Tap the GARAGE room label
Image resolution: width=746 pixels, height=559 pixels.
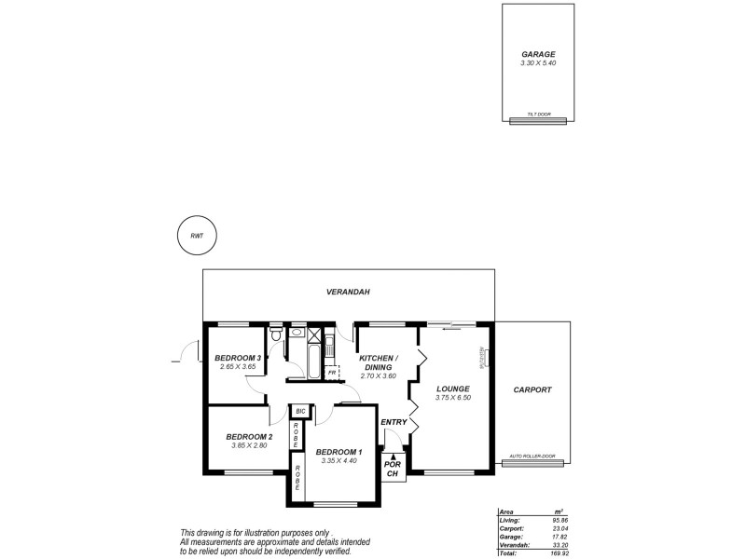pos(538,55)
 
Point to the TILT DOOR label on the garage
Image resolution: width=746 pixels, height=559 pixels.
pos(539,115)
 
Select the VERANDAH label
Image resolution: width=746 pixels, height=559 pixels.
pos(348,293)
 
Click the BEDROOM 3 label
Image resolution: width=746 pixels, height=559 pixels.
pos(237,358)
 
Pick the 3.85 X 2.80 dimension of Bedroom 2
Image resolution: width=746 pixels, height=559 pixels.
pos(250,445)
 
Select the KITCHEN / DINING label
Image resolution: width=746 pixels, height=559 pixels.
pos(379,362)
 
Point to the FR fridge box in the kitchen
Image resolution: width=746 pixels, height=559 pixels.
pos(332,372)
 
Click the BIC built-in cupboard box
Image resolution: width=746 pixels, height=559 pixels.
pos(300,411)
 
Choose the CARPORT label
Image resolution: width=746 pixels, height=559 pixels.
pos(532,390)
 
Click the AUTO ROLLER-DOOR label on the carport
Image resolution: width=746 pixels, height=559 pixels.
pos(532,457)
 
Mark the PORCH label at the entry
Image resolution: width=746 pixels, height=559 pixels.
pos(393,468)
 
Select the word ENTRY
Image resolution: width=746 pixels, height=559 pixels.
pos(394,422)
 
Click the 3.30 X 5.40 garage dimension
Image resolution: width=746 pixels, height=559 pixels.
pos(538,63)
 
